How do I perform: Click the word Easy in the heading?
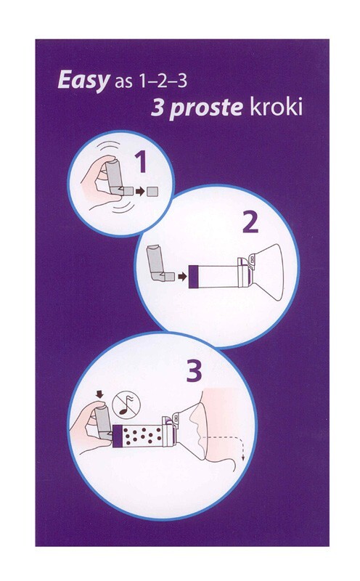(x=83, y=81)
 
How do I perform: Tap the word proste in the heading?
(x=206, y=107)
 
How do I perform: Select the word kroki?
(x=276, y=107)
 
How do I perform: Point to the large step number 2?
(x=250, y=223)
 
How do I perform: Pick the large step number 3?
(x=194, y=371)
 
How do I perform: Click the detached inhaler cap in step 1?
(x=152, y=192)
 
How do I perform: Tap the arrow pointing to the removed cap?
(x=140, y=192)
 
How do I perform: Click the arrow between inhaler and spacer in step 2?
(x=182, y=277)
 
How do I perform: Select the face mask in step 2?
(x=267, y=272)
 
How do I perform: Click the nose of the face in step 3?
(x=192, y=418)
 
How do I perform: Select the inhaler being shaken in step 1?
(x=115, y=177)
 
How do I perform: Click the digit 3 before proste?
(x=157, y=107)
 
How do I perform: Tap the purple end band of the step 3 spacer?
(x=117, y=436)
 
